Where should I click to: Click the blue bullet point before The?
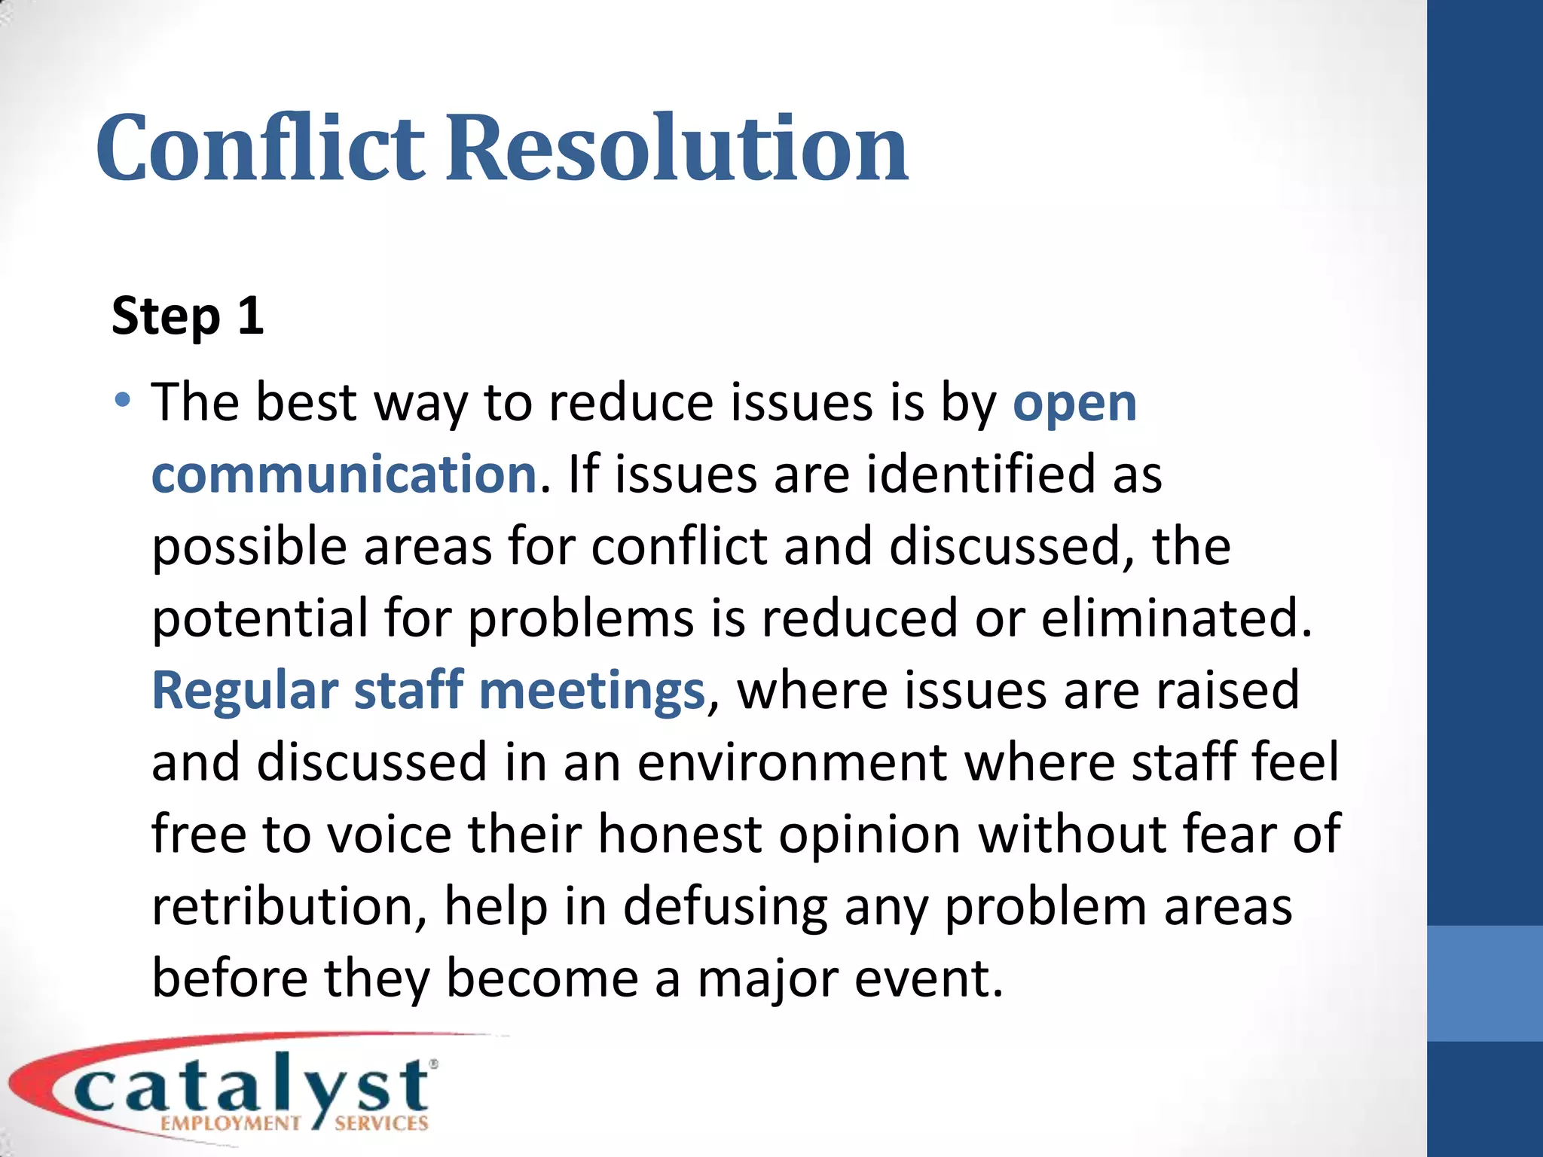(123, 399)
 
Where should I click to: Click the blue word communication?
(344, 475)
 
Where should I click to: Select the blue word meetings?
(591, 691)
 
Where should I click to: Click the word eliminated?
(1177, 618)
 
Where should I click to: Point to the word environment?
(792, 762)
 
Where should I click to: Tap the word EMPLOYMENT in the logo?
(231, 1123)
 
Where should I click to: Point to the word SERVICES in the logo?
(381, 1123)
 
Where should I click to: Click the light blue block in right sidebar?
(1484, 983)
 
